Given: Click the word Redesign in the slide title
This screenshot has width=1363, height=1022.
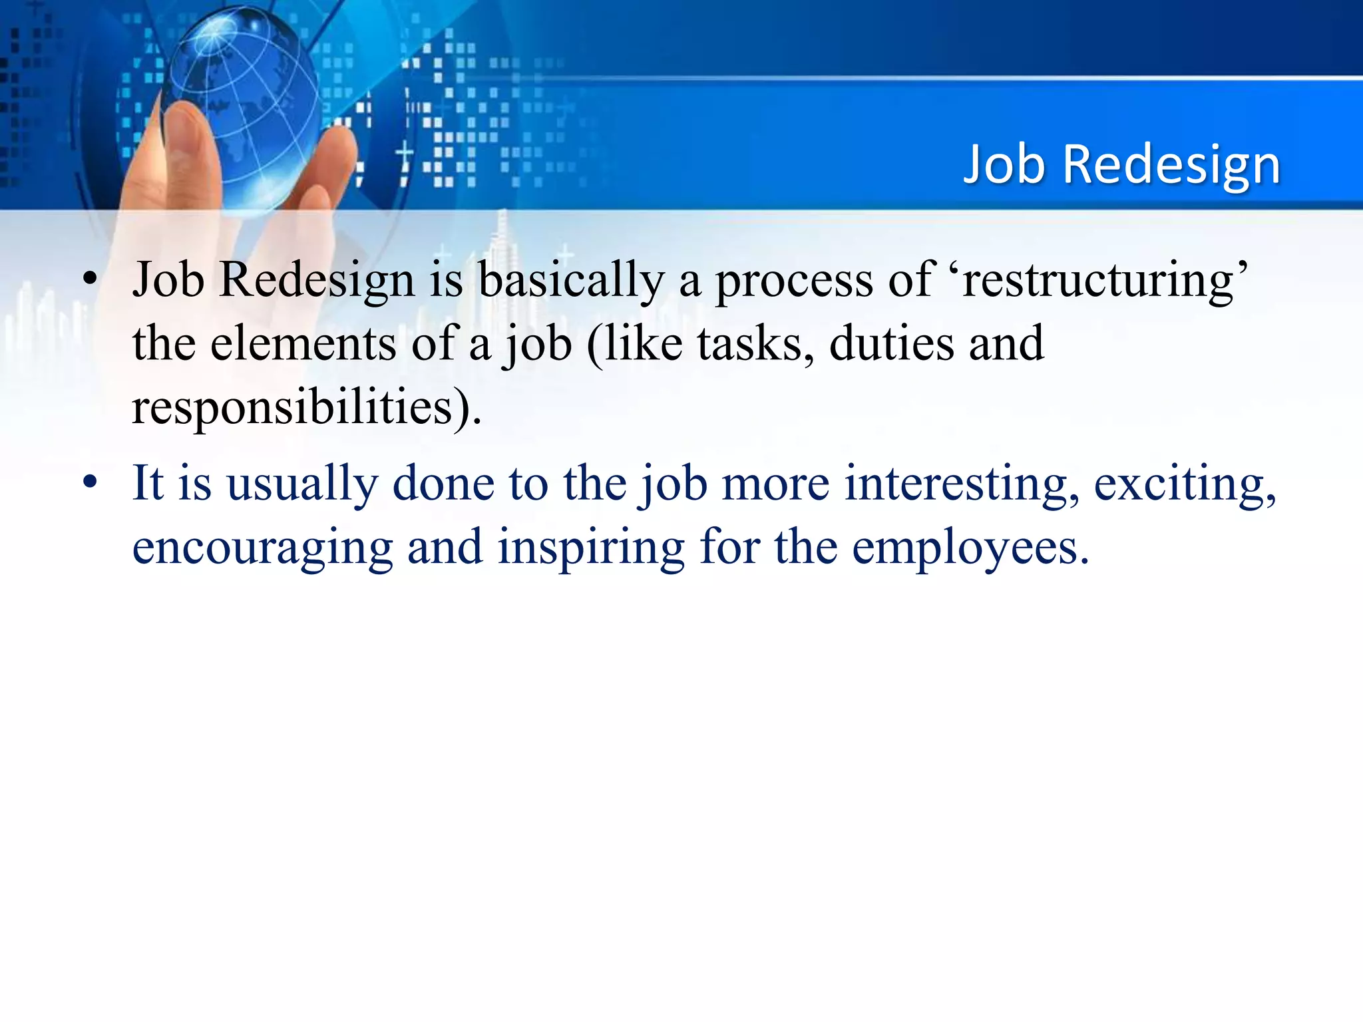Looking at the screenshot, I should (x=1171, y=165).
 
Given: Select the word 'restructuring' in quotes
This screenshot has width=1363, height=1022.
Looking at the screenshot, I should (x=1105, y=280).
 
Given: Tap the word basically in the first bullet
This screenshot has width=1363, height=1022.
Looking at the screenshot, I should (x=571, y=280).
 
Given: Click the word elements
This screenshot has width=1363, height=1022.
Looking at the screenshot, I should (x=303, y=344).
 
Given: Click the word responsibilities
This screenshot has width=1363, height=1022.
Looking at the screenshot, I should (x=293, y=407).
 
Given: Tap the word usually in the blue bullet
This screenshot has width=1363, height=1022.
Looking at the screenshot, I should (x=302, y=484).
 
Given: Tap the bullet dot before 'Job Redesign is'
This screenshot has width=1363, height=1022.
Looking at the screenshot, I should (x=91, y=280).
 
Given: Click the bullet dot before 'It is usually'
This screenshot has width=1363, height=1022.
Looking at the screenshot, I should (x=91, y=483).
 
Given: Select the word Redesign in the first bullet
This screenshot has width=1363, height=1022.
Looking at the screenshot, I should (x=317, y=280).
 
